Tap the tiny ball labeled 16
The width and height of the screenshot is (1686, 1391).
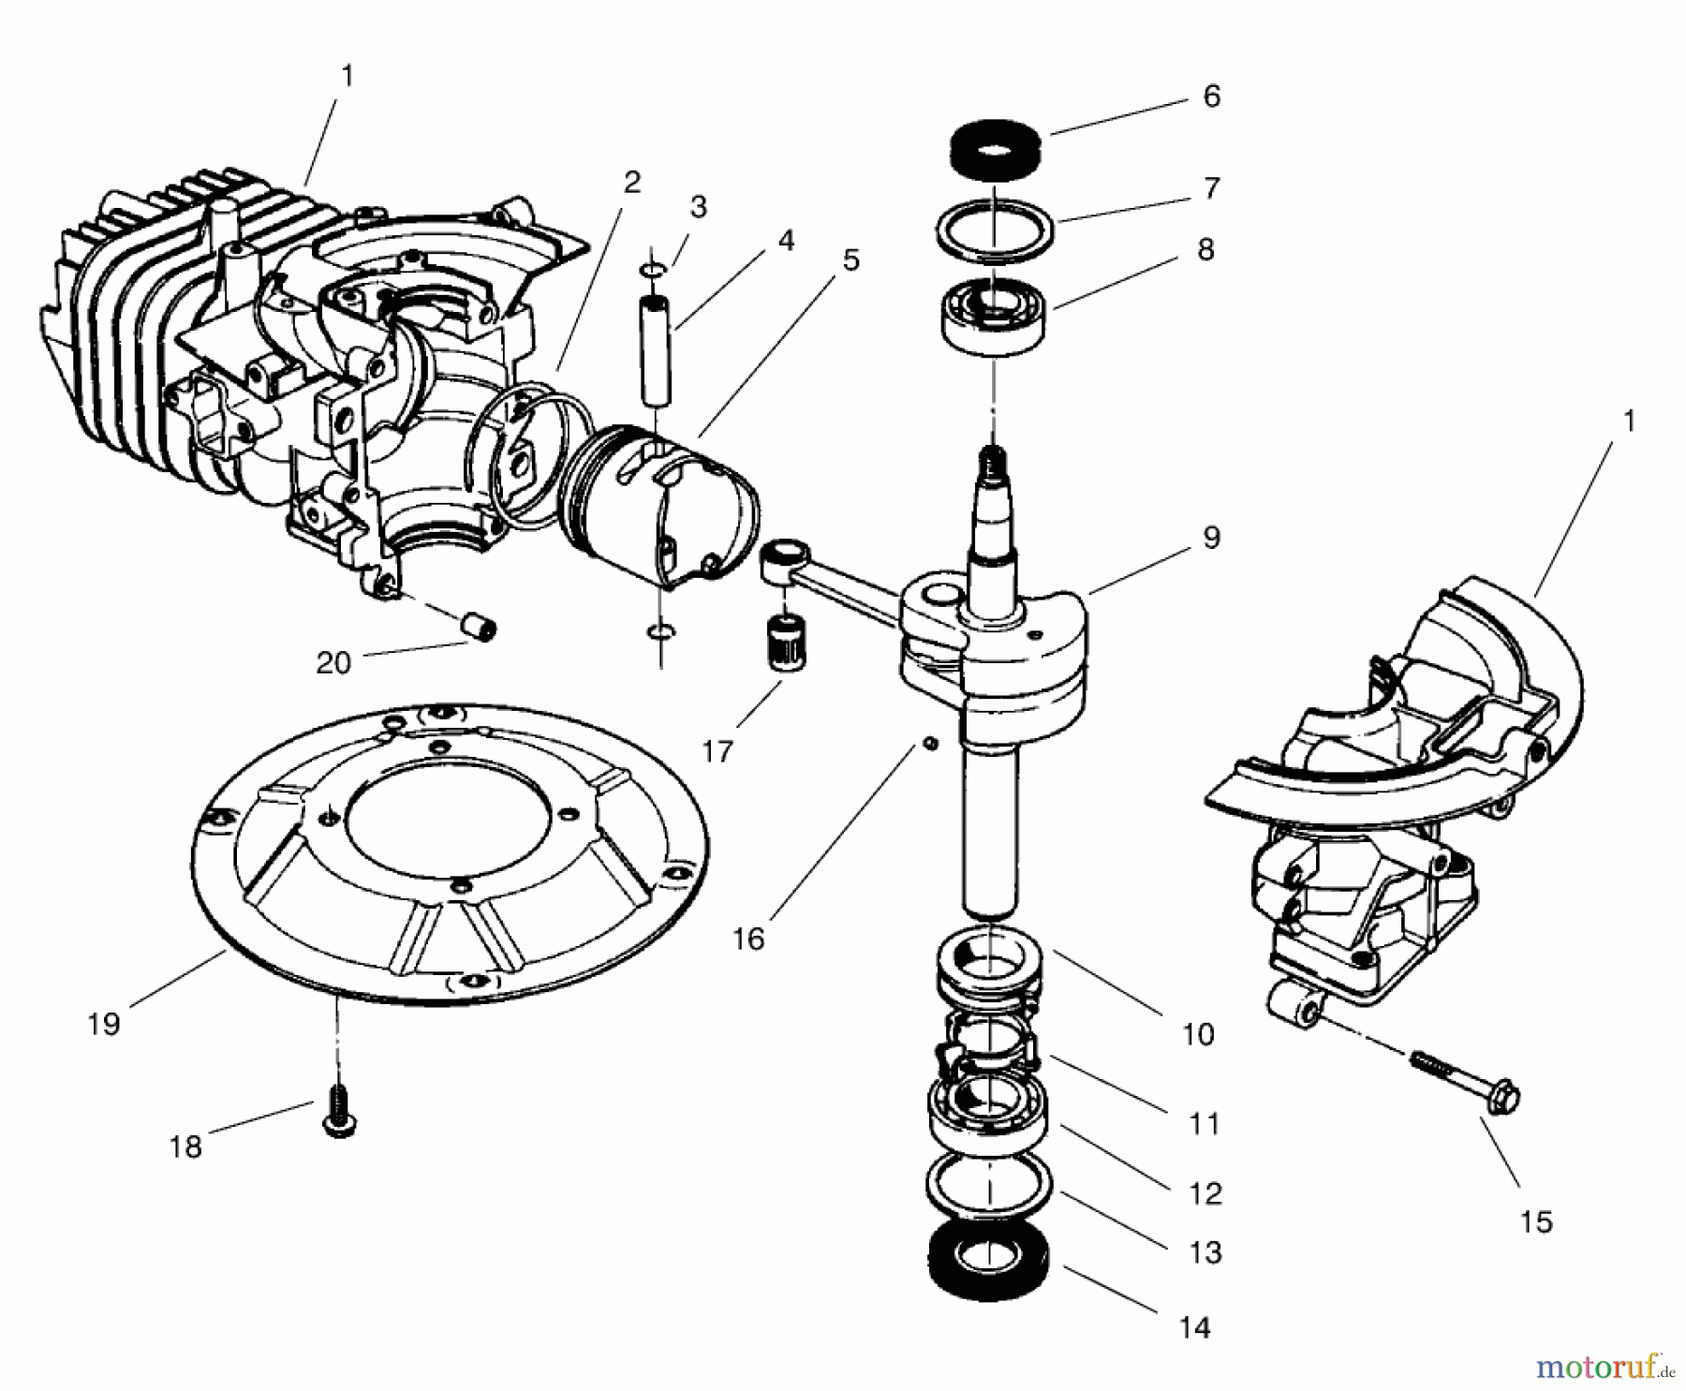929,743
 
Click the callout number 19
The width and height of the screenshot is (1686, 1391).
104,1024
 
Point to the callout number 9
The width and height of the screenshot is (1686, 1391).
1211,538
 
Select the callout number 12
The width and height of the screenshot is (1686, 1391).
1205,1193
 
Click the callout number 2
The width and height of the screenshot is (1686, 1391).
632,182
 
